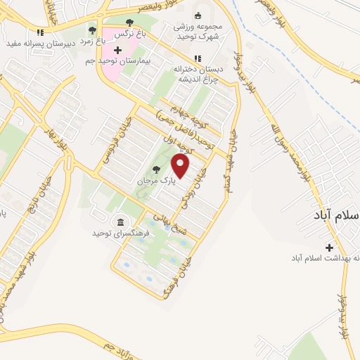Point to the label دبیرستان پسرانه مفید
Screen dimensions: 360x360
point(39,44)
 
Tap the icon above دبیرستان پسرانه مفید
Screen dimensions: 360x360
point(41,32)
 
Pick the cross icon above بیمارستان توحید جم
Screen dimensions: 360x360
point(117,51)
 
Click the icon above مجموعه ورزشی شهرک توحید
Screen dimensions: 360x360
point(198,15)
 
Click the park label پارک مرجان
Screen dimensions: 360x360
point(155,180)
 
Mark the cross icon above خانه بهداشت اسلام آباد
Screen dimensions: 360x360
point(329,247)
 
